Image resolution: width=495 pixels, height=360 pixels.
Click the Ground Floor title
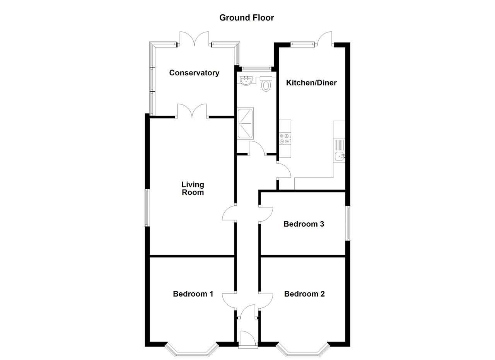click(x=247, y=18)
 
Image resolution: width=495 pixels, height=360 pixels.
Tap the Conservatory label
click(x=194, y=73)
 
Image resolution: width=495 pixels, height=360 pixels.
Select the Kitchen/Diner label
click(x=311, y=83)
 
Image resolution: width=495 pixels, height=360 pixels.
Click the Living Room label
click(x=193, y=188)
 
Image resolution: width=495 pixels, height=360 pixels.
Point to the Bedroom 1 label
click(x=193, y=294)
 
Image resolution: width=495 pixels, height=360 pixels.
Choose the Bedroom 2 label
click(x=304, y=294)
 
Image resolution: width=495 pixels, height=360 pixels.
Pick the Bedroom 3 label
click(x=304, y=224)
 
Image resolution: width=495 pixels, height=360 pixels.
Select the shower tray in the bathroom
click(x=245, y=123)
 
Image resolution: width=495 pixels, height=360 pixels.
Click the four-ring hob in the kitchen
click(x=285, y=138)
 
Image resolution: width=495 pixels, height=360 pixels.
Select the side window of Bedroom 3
click(x=348, y=223)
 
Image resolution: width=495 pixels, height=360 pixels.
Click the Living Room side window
click(x=147, y=208)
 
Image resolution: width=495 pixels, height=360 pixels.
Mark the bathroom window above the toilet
click(x=256, y=68)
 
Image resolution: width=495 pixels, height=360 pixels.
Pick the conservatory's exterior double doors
click(x=194, y=39)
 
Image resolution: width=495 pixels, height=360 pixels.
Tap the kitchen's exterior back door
click(x=325, y=39)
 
